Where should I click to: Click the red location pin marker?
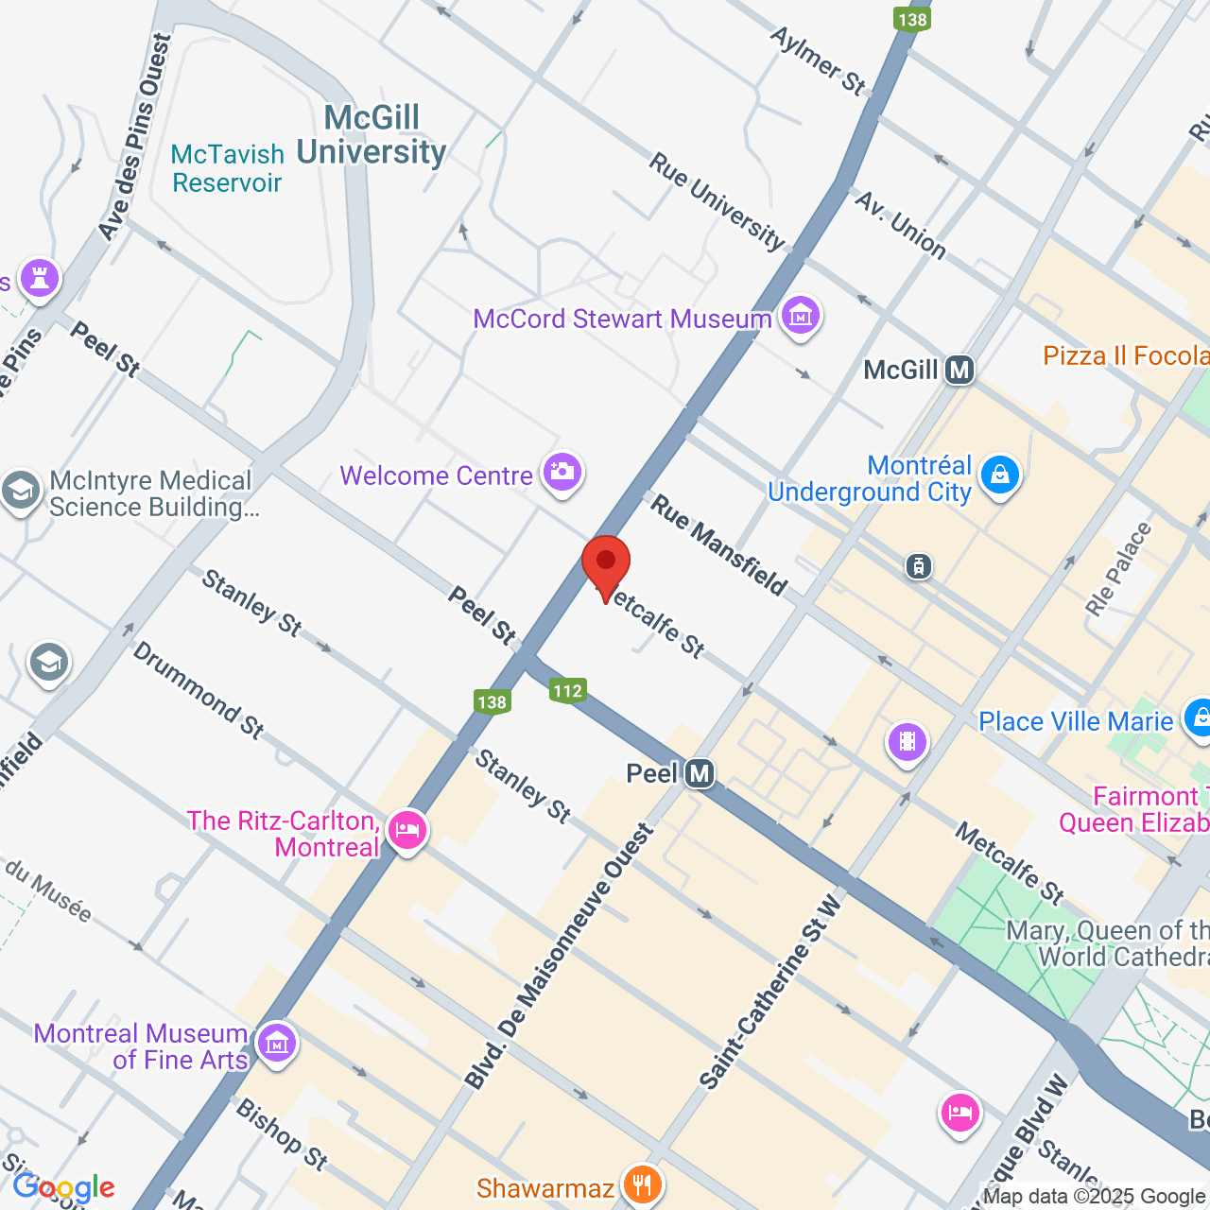[606, 564]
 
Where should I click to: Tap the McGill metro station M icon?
[959, 370]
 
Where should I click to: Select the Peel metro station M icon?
[700, 774]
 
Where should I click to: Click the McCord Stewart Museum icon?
[801, 316]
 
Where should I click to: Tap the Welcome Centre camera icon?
[562, 472]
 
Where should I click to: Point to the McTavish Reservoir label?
[228, 168]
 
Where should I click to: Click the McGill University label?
[372, 134]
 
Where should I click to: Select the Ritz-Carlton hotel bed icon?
[407, 830]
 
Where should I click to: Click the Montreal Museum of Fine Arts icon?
[277, 1044]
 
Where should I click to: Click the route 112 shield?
[568, 691]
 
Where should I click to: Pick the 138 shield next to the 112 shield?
[493, 701]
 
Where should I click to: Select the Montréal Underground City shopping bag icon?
[1000, 474]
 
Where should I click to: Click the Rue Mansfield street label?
[718, 546]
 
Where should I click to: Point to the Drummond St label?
[199, 689]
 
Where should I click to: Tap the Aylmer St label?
[819, 60]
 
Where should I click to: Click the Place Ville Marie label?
[1076, 721]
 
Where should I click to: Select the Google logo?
[63, 1186]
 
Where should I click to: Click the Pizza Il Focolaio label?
[1125, 355]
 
